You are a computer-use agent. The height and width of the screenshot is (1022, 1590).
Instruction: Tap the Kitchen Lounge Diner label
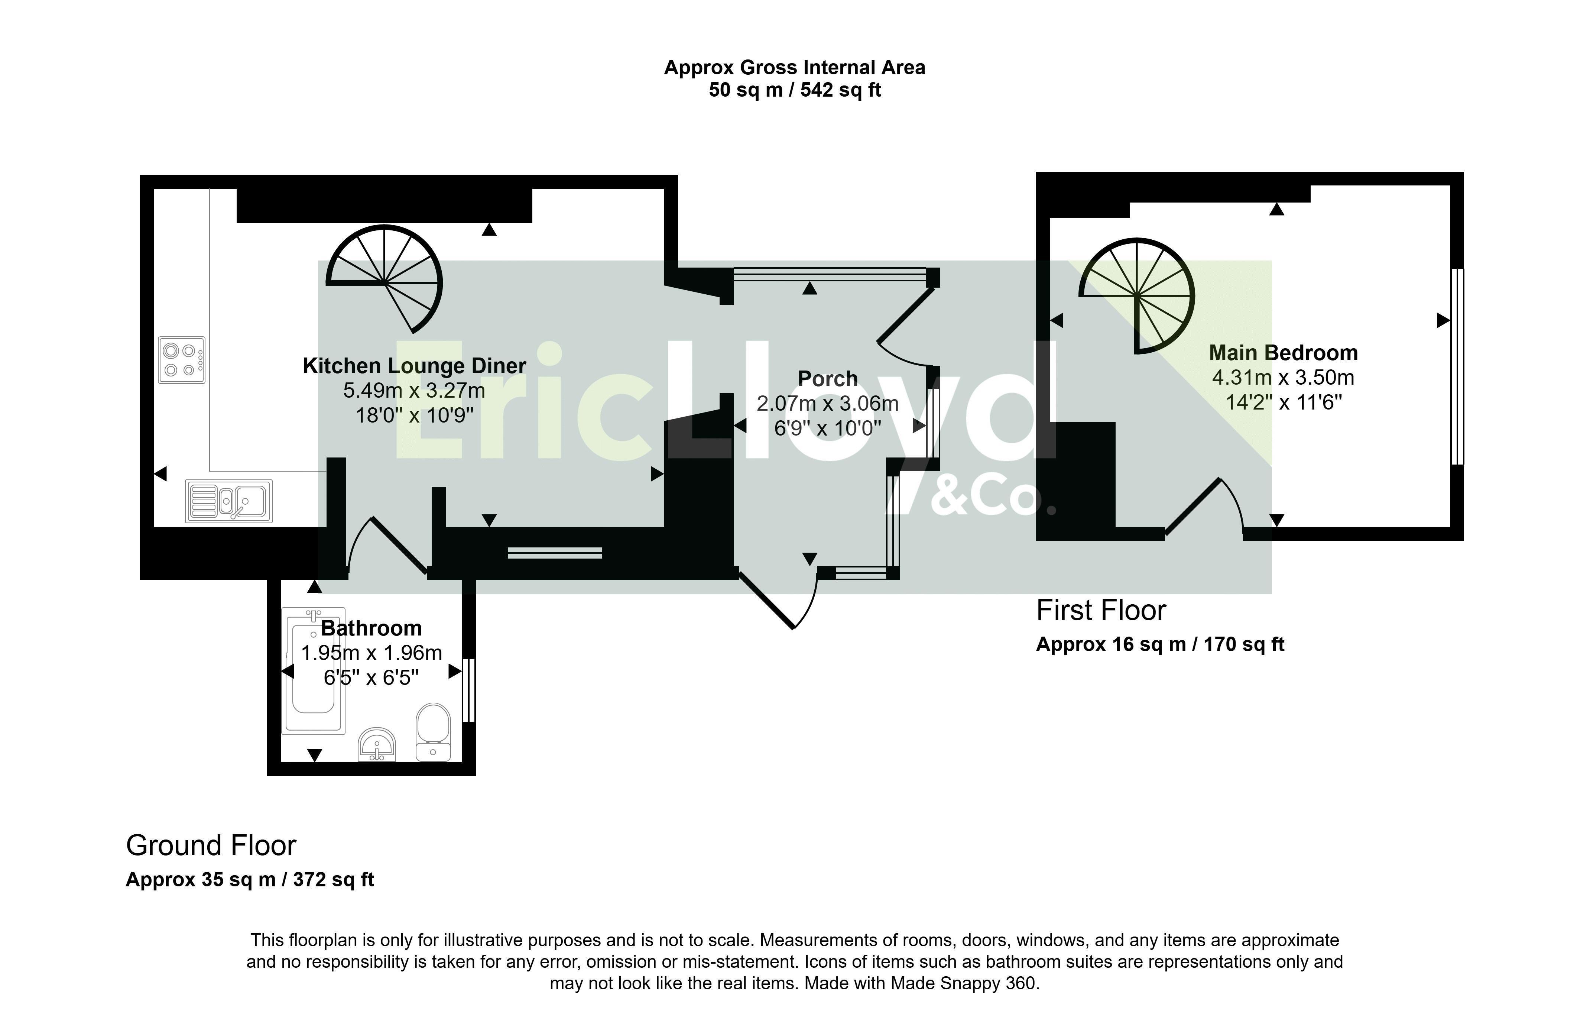(x=415, y=366)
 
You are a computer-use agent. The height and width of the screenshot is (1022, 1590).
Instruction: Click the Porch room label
(x=828, y=379)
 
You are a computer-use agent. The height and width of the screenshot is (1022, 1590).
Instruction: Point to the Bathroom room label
(x=371, y=628)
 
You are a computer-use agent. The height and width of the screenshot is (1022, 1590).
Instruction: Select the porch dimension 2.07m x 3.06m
(x=828, y=404)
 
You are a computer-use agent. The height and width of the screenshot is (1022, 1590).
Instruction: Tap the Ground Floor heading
(x=211, y=845)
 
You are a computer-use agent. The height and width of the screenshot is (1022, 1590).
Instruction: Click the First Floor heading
(x=1101, y=611)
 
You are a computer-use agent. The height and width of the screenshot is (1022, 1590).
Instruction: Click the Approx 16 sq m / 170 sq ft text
(x=1160, y=644)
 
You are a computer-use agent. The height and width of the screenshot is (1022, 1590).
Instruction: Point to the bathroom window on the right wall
(x=469, y=690)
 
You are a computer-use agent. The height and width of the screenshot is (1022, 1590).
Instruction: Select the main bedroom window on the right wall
(x=1457, y=366)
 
